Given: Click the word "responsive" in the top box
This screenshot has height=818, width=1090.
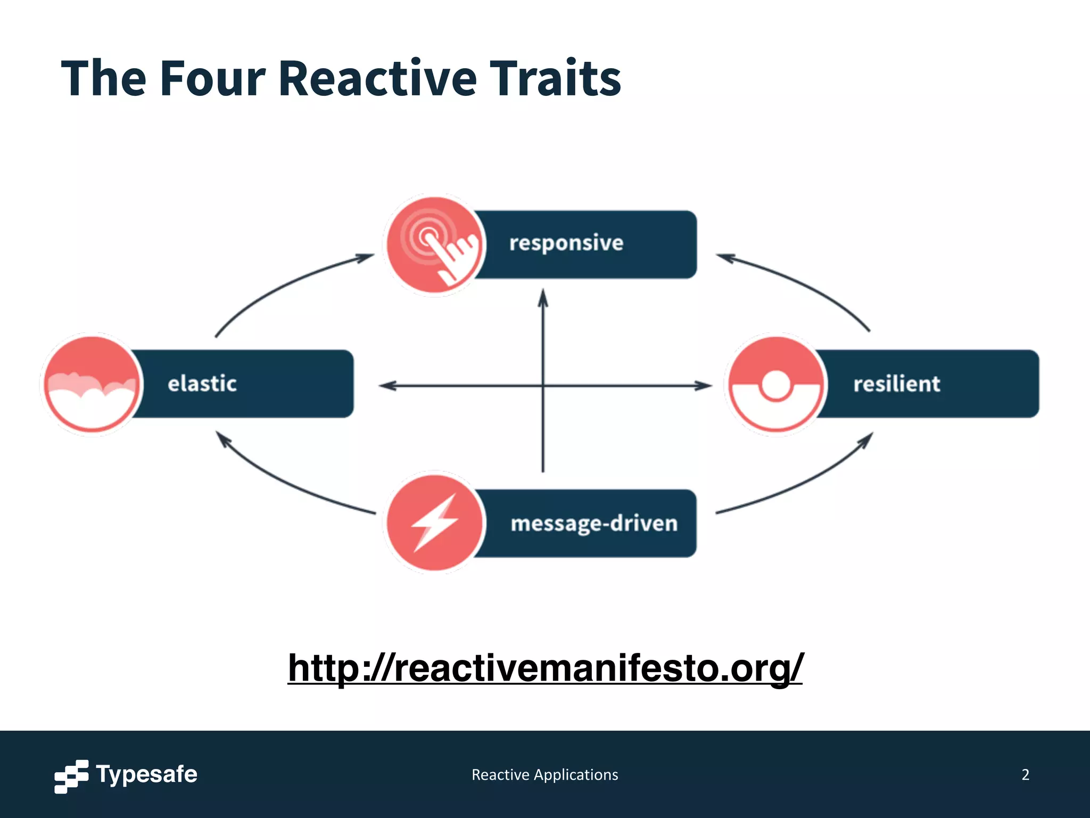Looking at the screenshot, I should (x=566, y=243).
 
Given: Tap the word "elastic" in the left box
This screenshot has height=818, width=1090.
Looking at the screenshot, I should (x=202, y=383).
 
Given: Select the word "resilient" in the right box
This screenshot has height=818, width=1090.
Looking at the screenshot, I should (x=896, y=384).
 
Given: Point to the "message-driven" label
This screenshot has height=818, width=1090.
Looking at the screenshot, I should (x=593, y=523).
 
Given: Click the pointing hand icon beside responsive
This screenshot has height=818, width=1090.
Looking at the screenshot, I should (x=435, y=245).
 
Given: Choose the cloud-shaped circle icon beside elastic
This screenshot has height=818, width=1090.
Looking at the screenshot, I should (x=92, y=384).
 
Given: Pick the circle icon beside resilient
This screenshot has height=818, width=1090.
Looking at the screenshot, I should (x=776, y=384).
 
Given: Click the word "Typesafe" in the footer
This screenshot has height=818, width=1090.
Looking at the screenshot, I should (x=146, y=774).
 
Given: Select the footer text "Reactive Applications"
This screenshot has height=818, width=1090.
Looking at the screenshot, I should (x=544, y=775).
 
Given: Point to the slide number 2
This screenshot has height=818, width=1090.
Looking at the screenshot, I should (x=1025, y=775).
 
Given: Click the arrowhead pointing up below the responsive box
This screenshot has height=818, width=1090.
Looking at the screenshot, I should (x=543, y=298).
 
